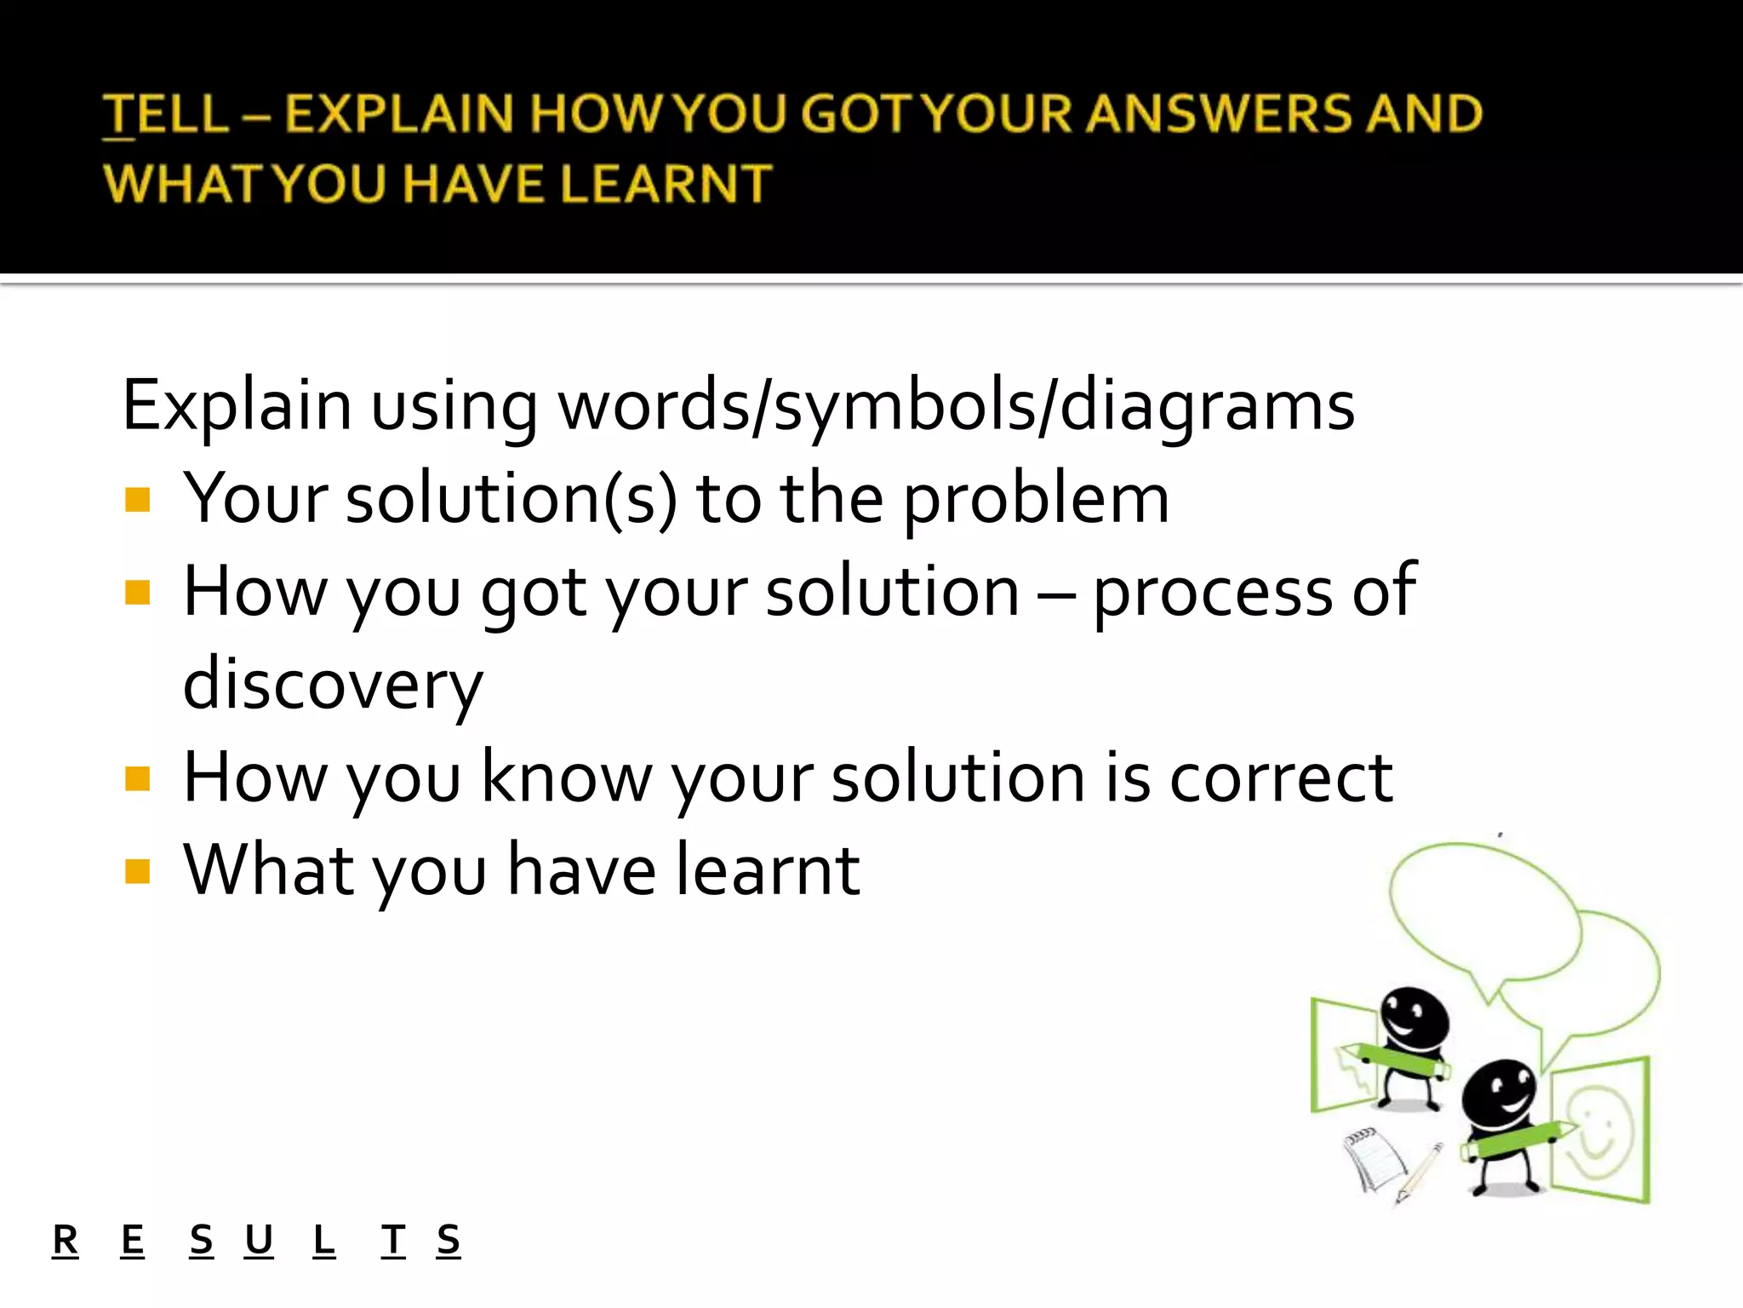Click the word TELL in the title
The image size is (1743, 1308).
(x=166, y=114)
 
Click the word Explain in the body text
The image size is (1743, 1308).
(x=237, y=405)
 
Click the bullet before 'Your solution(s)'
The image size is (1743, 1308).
(x=137, y=499)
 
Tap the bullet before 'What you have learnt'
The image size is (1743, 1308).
(x=137, y=871)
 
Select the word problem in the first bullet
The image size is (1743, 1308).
(x=1036, y=500)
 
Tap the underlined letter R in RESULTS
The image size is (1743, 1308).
(x=65, y=1240)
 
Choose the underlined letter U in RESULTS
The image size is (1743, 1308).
(x=259, y=1240)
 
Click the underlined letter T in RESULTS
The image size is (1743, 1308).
(x=393, y=1240)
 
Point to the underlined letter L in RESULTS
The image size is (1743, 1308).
(x=323, y=1240)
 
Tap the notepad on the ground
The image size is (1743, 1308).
(x=1372, y=1158)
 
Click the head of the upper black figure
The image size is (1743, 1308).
(x=1413, y=1018)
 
